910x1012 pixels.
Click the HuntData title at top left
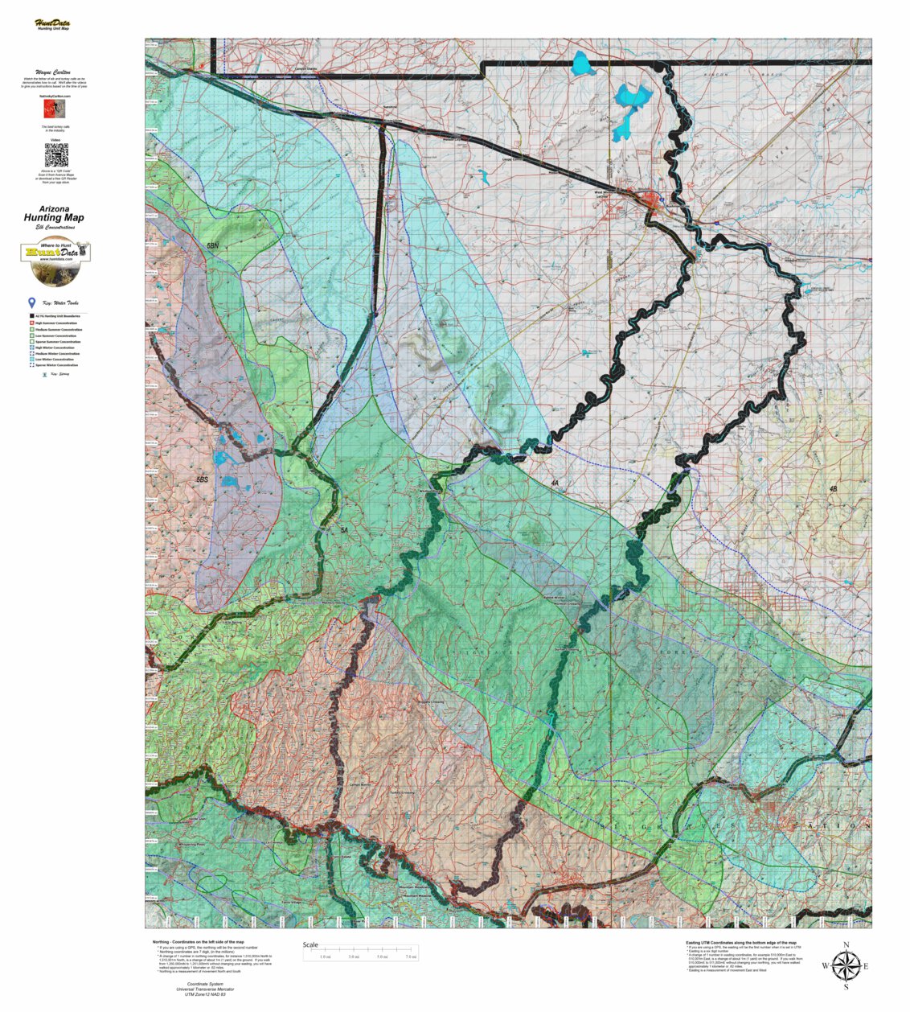(x=52, y=23)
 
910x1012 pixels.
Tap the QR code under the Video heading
(x=55, y=154)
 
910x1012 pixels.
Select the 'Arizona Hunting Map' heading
(x=54, y=214)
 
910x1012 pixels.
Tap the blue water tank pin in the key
(x=32, y=303)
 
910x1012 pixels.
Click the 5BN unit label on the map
(x=212, y=244)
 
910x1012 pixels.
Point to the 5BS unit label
(x=202, y=479)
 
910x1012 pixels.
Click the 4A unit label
(x=554, y=483)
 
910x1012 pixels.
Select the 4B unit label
(x=833, y=488)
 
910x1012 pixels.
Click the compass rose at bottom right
(x=845, y=965)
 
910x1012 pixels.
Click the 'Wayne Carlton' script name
(x=54, y=72)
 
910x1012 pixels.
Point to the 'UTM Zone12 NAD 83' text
(x=200, y=995)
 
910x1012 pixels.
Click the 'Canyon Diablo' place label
(x=305, y=69)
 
